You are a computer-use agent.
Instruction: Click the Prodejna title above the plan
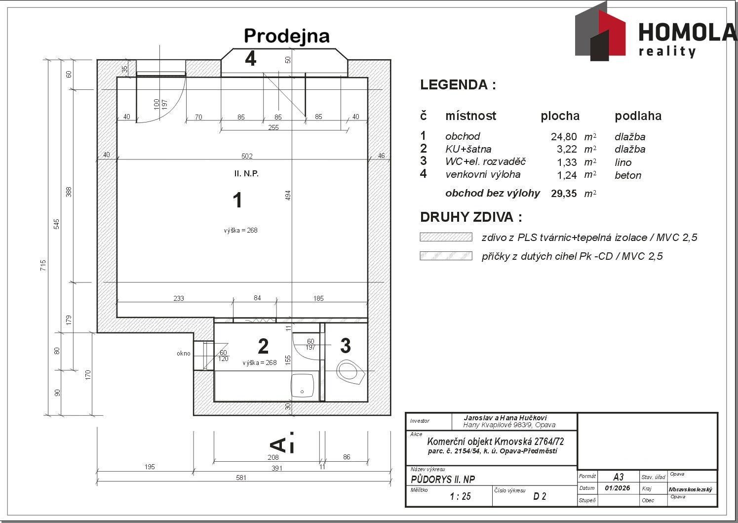tap(286, 36)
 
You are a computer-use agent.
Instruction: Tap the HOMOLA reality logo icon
tap(600, 33)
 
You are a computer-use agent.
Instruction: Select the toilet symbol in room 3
tap(350, 371)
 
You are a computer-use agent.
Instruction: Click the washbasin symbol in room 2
tap(302, 385)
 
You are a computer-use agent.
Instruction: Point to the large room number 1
tap(237, 201)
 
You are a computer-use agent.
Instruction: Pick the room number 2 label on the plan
tap(263, 346)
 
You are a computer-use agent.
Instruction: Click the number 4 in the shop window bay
tap(251, 59)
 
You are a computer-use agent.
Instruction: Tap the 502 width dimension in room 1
tap(247, 156)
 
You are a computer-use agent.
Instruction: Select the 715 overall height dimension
tap(43, 265)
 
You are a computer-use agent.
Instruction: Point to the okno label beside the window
tap(184, 353)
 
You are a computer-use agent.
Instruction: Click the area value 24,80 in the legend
tap(564, 137)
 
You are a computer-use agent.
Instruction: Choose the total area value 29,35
tap(564, 194)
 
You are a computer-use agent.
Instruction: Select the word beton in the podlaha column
tap(628, 175)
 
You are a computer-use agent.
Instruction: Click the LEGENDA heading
tap(458, 85)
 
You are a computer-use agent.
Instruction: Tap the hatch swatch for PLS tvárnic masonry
tap(446, 237)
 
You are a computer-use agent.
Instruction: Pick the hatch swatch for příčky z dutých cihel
tap(446, 256)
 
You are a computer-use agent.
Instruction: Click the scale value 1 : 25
tap(460, 497)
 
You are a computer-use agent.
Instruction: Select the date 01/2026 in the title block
tap(617, 488)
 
